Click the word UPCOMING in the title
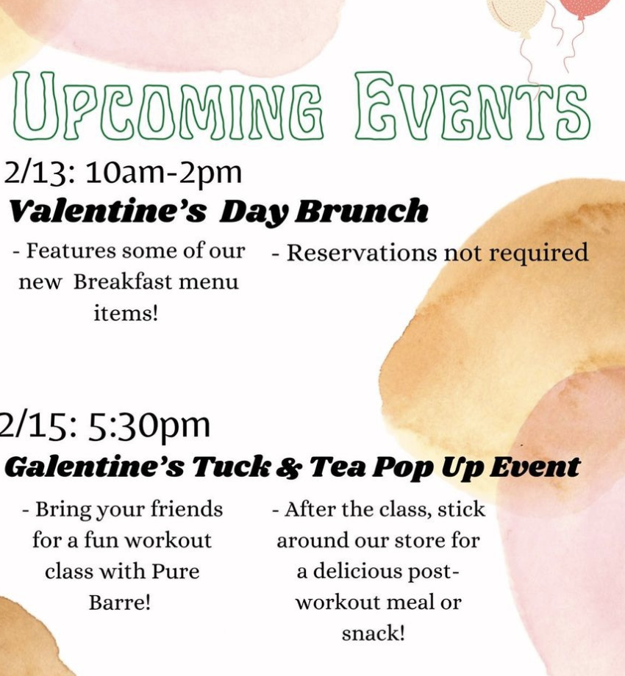tap(168, 107)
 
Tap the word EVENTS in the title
tap(473, 107)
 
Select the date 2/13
tap(37, 173)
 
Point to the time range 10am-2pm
tap(163, 173)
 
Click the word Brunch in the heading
tap(362, 211)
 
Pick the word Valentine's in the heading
tap(108, 211)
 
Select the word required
tap(538, 253)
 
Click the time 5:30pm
tap(149, 427)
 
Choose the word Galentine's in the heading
tap(94, 467)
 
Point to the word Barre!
tap(120, 603)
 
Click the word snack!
tap(374, 633)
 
